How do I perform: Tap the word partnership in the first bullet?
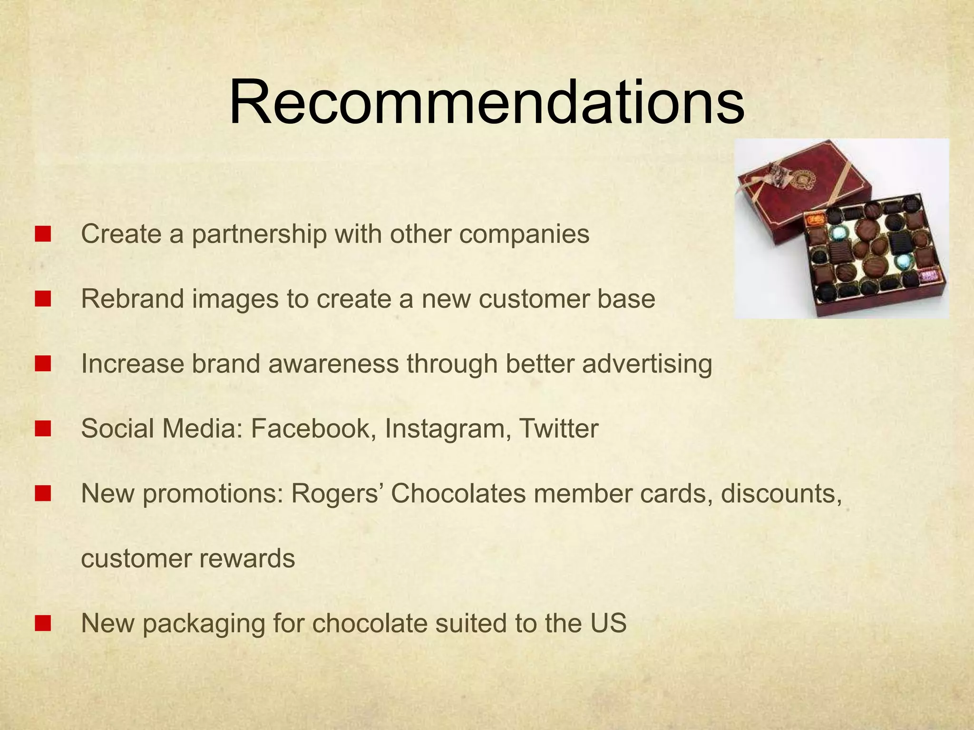(259, 234)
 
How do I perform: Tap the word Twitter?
(558, 428)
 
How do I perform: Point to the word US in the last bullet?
(609, 623)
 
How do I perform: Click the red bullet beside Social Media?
(43, 429)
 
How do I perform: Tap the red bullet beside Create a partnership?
(43, 234)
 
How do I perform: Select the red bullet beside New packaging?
(43, 623)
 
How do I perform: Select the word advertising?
(647, 364)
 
